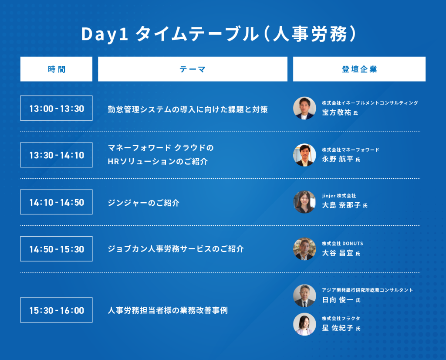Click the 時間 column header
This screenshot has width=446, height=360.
coord(56,69)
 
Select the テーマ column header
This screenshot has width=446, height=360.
coord(193,69)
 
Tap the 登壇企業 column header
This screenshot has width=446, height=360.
coord(359,69)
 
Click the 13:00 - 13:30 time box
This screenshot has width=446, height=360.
coord(56,108)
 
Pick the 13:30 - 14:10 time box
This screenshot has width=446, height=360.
coord(56,155)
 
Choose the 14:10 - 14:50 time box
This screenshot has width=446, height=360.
coord(56,202)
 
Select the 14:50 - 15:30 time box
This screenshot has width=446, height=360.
coord(56,249)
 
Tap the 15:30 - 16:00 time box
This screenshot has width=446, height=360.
coord(56,310)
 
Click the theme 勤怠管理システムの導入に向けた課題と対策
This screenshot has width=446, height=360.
coord(188,109)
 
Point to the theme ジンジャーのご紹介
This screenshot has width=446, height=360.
coord(144,203)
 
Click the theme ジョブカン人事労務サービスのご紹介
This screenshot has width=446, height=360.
coord(176,249)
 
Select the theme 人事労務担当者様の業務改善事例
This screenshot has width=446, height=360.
coord(168,310)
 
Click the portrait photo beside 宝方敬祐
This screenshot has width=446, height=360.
coord(304,108)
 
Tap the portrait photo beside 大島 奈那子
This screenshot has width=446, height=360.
coord(304,202)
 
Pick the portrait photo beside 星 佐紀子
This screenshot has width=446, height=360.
coord(304,324)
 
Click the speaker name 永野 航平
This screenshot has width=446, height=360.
coord(338,159)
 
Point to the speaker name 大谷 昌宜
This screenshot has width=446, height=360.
coord(338,253)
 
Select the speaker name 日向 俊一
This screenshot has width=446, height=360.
coord(338,300)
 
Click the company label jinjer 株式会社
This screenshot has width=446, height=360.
coord(339,196)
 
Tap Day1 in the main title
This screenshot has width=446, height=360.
coord(105,34)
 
